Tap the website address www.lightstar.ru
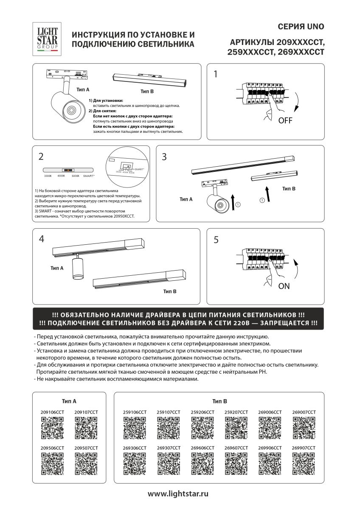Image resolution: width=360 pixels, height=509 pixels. [x=178, y=494]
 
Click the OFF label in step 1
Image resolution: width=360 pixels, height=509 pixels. [x=285, y=120]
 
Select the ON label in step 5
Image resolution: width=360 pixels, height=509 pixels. [x=284, y=286]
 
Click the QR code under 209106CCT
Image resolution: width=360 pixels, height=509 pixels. [x=52, y=428]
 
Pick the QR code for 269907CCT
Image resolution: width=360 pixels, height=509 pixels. [x=304, y=464]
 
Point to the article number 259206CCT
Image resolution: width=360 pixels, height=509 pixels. [x=202, y=412]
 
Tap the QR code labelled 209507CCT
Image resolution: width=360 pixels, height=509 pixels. [x=86, y=464]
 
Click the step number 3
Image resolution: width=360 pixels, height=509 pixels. [x=165, y=157]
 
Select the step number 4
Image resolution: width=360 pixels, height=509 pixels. [x=41, y=239]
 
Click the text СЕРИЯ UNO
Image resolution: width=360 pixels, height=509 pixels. [x=301, y=27]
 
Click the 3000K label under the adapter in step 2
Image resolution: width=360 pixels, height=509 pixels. [x=48, y=176]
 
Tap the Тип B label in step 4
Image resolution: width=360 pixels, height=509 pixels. [x=169, y=291]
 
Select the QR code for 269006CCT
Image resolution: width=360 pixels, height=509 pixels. [x=270, y=428]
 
